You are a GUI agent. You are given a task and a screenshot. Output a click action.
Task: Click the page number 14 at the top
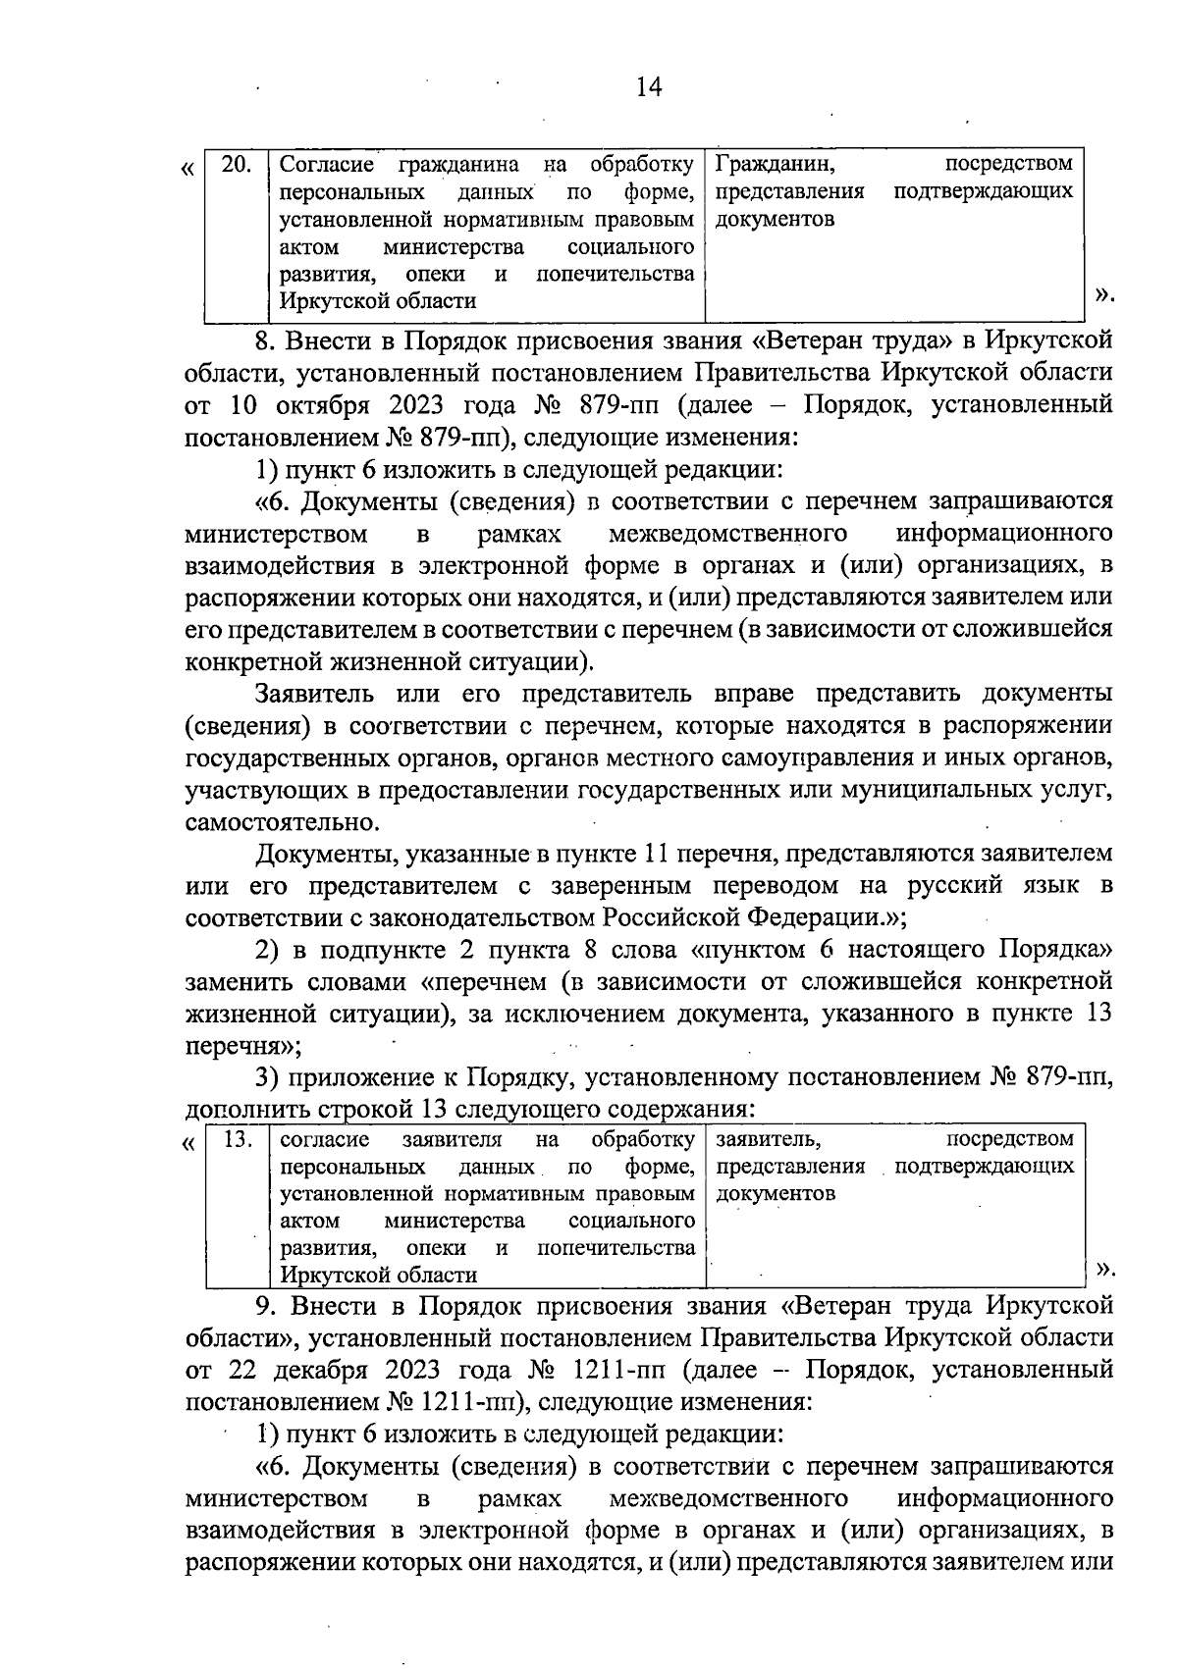pyautogui.click(x=649, y=87)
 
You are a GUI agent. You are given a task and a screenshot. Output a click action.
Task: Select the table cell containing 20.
pyautogui.click(x=236, y=164)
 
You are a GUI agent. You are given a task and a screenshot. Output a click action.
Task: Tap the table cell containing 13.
pyautogui.click(x=239, y=1140)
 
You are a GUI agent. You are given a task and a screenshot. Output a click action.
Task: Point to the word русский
pyautogui.click(x=929, y=886)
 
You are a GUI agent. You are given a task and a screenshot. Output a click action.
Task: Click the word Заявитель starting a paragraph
pyautogui.click(x=315, y=694)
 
